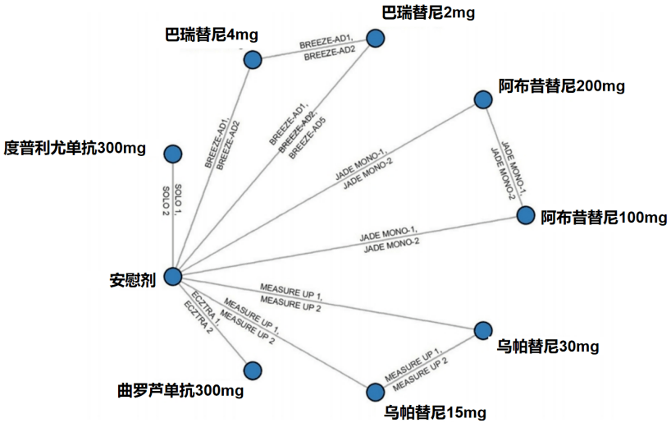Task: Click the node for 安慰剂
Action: (172, 277)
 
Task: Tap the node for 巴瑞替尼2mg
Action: (375, 38)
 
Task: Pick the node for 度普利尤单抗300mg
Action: (172, 154)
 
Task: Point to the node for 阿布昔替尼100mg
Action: (526, 215)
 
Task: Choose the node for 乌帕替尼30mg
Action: (483, 331)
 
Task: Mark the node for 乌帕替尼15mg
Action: (375, 392)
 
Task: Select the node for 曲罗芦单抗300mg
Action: (253, 370)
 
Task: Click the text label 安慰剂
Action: (132, 278)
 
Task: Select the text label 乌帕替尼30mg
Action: (548, 347)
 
